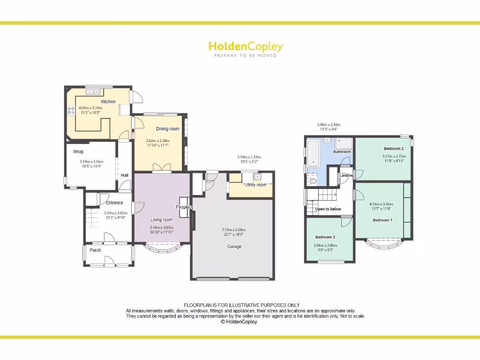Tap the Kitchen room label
pyautogui.click(x=108, y=102)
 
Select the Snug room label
pyautogui.click(x=78, y=151)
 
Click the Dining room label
pyautogui.click(x=168, y=129)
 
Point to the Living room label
pyautogui.click(x=161, y=219)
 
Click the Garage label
pyautogui.click(x=234, y=247)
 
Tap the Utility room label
pyautogui.click(x=255, y=185)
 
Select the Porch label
pyautogui.click(x=95, y=250)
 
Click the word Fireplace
pyautogui.click(x=185, y=207)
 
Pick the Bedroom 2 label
pyautogui.click(x=394, y=149)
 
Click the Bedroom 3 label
pyautogui.click(x=325, y=237)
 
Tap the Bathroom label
pyautogui.click(x=342, y=152)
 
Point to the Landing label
pyautogui.click(x=347, y=175)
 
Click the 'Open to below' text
pyautogui.click(x=328, y=209)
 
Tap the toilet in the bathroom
pyautogui.click(x=313, y=180)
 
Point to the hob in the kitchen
pyautogui.click(x=71, y=111)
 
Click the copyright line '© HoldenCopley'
pyautogui.click(x=239, y=322)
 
